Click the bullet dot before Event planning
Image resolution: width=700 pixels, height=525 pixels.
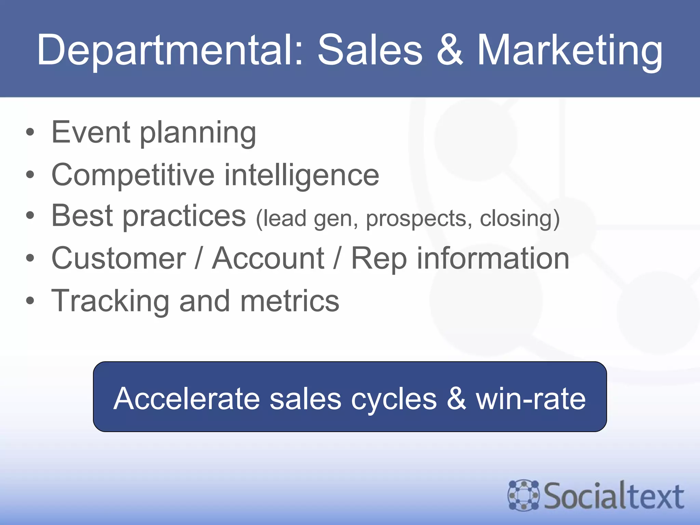[30, 132]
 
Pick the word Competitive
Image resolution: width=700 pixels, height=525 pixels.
[133, 175]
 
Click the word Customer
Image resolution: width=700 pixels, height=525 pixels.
[118, 258]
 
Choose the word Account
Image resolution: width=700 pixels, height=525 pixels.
[268, 258]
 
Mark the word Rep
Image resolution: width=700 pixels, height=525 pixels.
[379, 259]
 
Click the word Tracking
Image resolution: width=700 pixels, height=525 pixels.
[110, 301]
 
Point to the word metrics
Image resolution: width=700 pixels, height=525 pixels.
[290, 301]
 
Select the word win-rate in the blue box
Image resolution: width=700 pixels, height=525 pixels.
[530, 398]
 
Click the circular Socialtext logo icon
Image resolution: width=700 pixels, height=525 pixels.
[523, 495]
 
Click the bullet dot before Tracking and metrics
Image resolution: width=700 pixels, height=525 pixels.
[30, 301]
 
